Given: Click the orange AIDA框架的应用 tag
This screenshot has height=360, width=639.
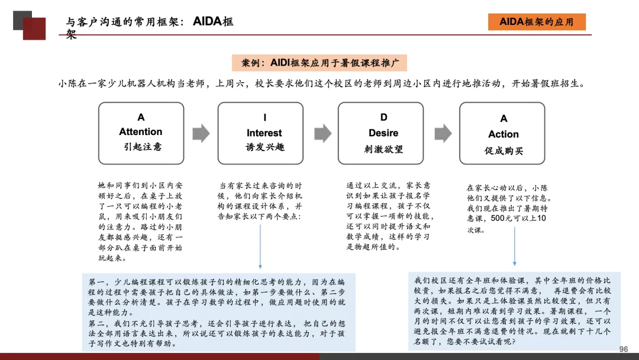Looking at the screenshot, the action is click(x=537, y=22).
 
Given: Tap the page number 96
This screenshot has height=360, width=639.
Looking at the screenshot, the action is click(x=623, y=349).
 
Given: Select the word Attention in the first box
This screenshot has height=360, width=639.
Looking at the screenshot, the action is click(x=141, y=131).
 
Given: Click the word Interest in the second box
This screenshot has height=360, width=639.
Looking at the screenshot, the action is click(x=264, y=133).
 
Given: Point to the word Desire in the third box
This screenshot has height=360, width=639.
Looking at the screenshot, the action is click(x=383, y=133).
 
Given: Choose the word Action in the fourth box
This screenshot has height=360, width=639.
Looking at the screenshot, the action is click(x=504, y=134).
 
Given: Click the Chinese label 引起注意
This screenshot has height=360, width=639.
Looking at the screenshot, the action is click(x=141, y=146).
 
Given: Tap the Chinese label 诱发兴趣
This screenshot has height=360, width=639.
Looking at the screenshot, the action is click(x=264, y=147).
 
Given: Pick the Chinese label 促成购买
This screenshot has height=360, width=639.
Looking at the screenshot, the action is click(x=504, y=150).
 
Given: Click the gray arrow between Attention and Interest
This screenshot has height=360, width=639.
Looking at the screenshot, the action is click(x=201, y=133).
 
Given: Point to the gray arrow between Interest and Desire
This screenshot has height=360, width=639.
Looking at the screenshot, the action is click(x=322, y=133).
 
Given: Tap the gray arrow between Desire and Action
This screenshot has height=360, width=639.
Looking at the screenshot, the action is click(x=443, y=133).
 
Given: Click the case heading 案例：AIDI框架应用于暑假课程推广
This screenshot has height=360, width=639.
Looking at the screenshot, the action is click(x=319, y=63).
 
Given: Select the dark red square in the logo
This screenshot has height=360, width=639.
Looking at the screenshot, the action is click(x=34, y=28).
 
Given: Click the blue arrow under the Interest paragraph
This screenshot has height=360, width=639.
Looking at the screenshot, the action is click(x=260, y=249).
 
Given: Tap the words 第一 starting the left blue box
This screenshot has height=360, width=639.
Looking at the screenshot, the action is click(x=95, y=282).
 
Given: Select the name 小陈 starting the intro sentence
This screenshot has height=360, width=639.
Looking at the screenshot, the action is click(x=67, y=83).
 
